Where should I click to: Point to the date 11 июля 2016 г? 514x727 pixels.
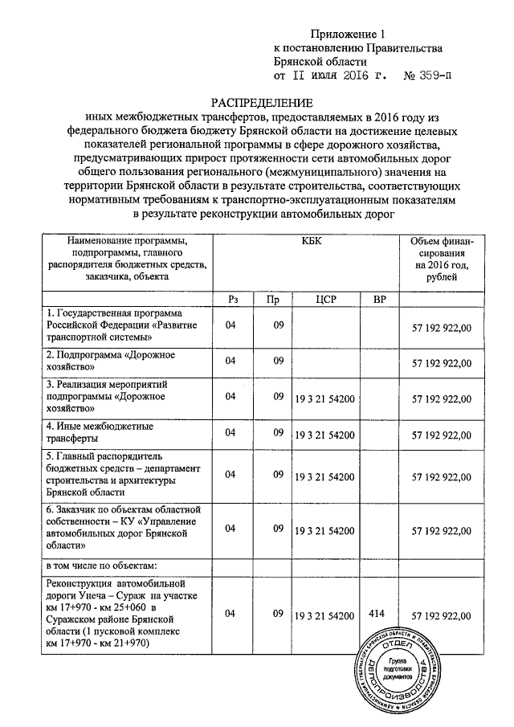coord(331,76)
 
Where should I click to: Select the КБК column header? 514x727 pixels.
coord(307,242)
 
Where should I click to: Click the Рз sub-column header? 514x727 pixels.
coord(233,299)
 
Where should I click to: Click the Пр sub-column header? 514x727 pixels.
coord(273,299)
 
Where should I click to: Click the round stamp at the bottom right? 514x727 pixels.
coord(396,673)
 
